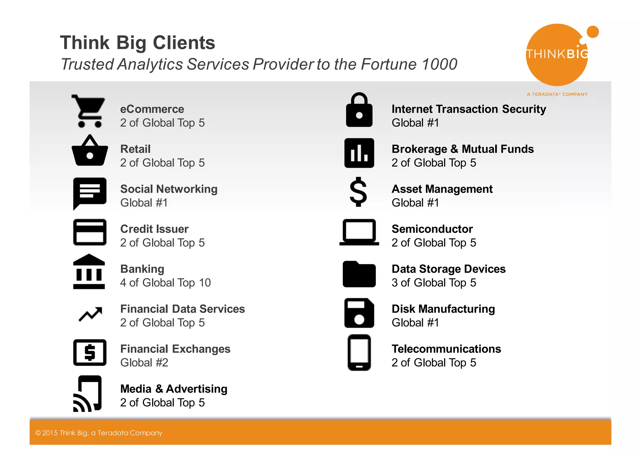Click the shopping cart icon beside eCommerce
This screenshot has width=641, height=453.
(x=89, y=111)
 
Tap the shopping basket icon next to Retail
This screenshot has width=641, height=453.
(x=90, y=151)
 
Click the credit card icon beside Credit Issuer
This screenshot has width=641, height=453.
(x=90, y=232)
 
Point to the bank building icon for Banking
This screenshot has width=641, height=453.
(x=89, y=271)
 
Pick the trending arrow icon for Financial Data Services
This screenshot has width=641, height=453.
(x=90, y=314)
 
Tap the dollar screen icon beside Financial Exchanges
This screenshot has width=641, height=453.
(x=90, y=353)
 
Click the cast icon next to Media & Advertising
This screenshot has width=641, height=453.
(x=88, y=394)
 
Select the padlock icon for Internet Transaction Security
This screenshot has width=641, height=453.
(x=359, y=110)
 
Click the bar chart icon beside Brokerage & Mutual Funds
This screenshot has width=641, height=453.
(x=359, y=153)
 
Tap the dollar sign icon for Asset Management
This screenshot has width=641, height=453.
(x=358, y=192)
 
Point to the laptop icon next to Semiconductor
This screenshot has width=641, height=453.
(x=359, y=232)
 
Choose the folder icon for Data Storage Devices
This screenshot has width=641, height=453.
(x=359, y=274)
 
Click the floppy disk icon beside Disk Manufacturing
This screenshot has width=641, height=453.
(x=359, y=313)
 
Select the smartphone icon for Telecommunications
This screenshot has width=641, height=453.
(x=359, y=353)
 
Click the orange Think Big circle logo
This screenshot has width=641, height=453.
(x=557, y=55)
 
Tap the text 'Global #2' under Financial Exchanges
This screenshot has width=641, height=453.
(x=144, y=363)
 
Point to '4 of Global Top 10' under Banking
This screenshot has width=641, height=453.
(x=165, y=283)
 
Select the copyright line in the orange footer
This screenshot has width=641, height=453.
(x=99, y=433)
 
